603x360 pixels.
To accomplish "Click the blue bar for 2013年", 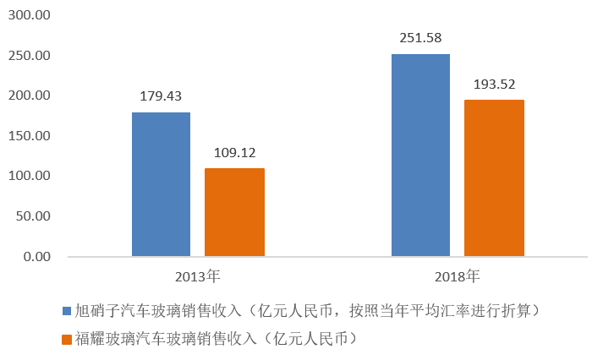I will [x=161, y=184].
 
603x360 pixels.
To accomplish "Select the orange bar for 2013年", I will [x=234, y=212].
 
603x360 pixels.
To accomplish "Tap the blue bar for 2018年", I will [x=420, y=155].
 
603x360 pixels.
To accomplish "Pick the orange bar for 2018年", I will [x=494, y=177].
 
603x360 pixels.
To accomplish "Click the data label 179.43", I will [x=161, y=96].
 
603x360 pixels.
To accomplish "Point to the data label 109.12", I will [x=234, y=153].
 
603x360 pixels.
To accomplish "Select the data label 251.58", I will [x=420, y=38].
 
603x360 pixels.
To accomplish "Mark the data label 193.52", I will [x=494, y=85].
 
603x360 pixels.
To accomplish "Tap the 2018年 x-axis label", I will [x=458, y=275].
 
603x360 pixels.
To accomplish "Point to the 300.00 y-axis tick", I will [x=30, y=15].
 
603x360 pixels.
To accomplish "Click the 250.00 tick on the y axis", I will [x=30, y=56].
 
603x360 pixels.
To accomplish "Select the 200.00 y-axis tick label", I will [x=30, y=95].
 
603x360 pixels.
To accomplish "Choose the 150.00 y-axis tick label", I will [x=30, y=136].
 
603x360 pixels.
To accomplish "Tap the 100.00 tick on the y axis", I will [x=30, y=176].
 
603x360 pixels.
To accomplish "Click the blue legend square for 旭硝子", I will [x=67, y=312].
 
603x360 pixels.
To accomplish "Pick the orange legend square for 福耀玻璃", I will [x=67, y=340].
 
